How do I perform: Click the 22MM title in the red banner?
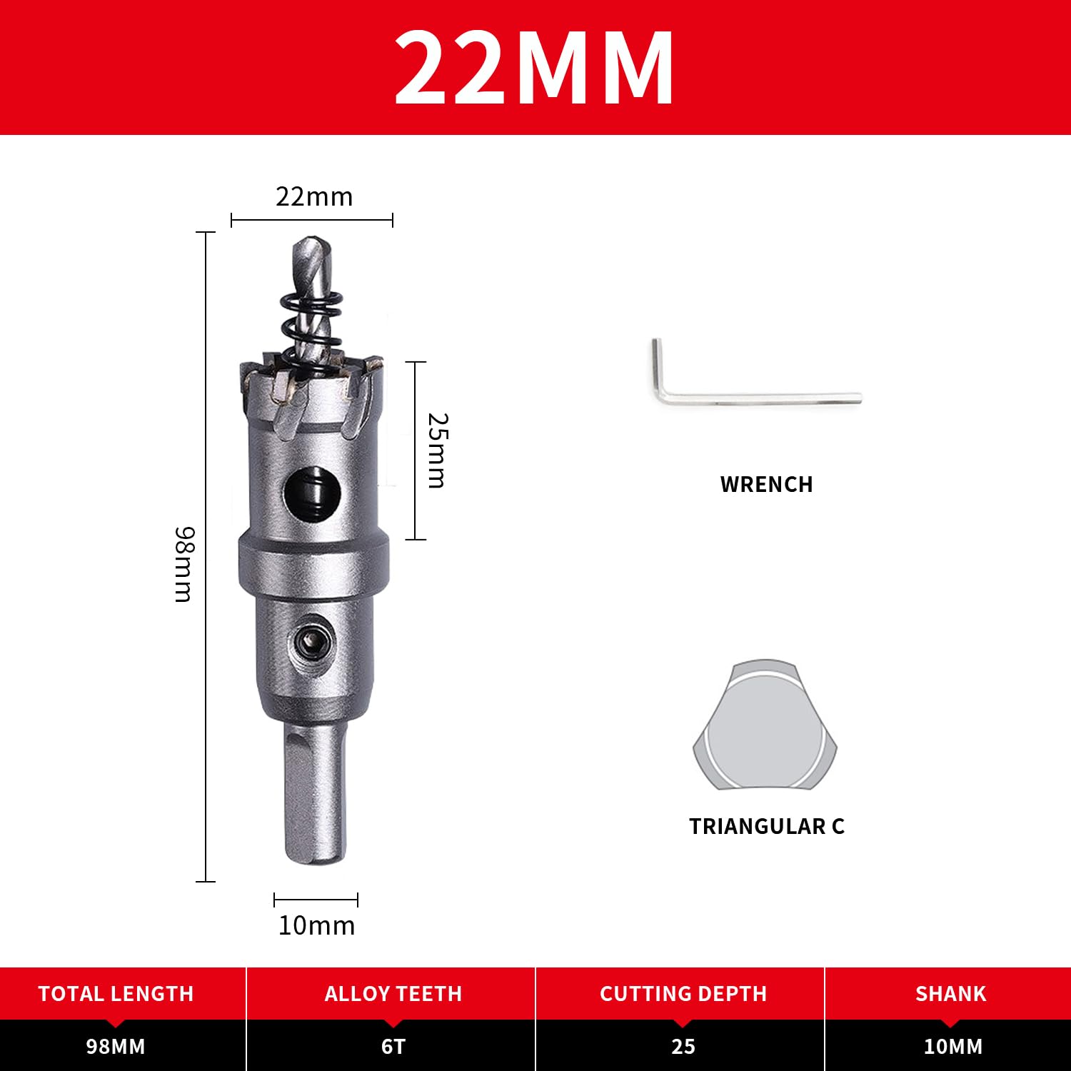[x=534, y=69]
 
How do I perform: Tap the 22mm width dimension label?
[x=314, y=197]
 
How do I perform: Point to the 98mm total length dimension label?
[x=184, y=564]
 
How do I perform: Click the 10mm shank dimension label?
[x=316, y=925]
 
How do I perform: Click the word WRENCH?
[x=766, y=485]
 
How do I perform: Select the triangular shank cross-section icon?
[x=765, y=724]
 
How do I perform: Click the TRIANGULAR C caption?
[x=766, y=826]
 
